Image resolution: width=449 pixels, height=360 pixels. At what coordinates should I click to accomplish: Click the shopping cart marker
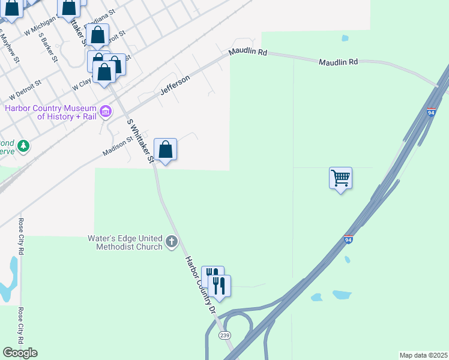pos(340,178)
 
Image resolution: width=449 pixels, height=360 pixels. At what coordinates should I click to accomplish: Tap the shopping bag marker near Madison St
pos(165,150)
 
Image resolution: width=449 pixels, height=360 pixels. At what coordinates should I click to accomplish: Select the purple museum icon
pos(106,111)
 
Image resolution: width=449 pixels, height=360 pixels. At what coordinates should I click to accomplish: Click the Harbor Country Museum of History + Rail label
pos(50,112)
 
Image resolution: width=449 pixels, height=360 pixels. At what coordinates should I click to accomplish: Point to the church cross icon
pos(172,242)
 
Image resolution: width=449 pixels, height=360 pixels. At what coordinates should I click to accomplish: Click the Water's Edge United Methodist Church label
pos(125,242)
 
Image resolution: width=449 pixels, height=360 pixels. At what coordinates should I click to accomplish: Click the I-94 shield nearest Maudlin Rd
pos(431,112)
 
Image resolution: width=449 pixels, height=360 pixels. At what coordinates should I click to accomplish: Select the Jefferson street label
pos(175,85)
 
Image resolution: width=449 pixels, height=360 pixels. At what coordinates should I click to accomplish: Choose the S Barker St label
pos(47,47)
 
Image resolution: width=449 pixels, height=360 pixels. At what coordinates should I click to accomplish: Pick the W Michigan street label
pos(40,25)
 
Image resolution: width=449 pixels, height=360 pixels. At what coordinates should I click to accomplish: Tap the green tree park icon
pos(23,145)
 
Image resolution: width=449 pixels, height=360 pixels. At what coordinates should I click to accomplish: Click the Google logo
pos(19,352)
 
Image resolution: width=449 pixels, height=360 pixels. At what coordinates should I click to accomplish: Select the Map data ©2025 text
pos(424,355)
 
